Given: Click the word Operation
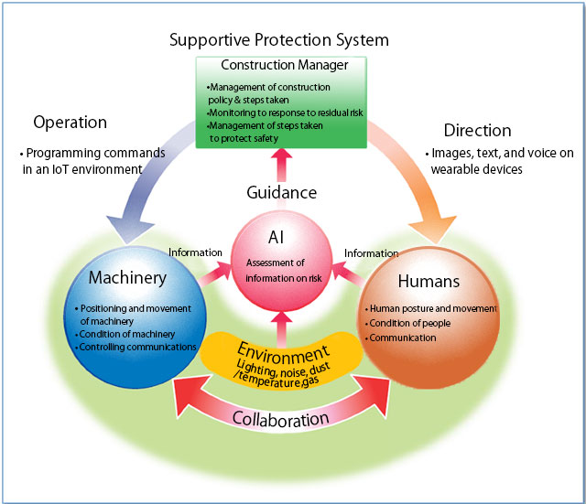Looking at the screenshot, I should coord(70,122).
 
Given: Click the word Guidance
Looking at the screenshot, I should coord(281,193).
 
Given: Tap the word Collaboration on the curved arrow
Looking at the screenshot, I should coord(281,419).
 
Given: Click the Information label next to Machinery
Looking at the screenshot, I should coord(195,252).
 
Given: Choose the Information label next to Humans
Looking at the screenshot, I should coord(371,253).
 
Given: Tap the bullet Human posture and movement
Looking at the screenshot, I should coord(431,308).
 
